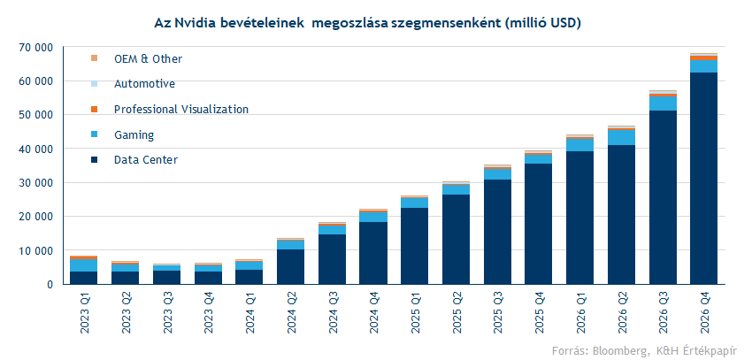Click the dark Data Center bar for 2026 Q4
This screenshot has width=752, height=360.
tap(703, 178)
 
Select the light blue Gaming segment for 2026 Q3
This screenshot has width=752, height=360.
tap(662, 103)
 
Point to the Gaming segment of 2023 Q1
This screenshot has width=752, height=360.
tap(83, 265)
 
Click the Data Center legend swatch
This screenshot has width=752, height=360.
tap(94, 160)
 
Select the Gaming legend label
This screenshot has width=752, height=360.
tap(134, 135)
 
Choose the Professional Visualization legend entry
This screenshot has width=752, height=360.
tap(180, 109)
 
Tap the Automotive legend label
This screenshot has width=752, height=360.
tap(144, 84)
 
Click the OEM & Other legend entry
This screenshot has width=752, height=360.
tap(148, 58)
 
